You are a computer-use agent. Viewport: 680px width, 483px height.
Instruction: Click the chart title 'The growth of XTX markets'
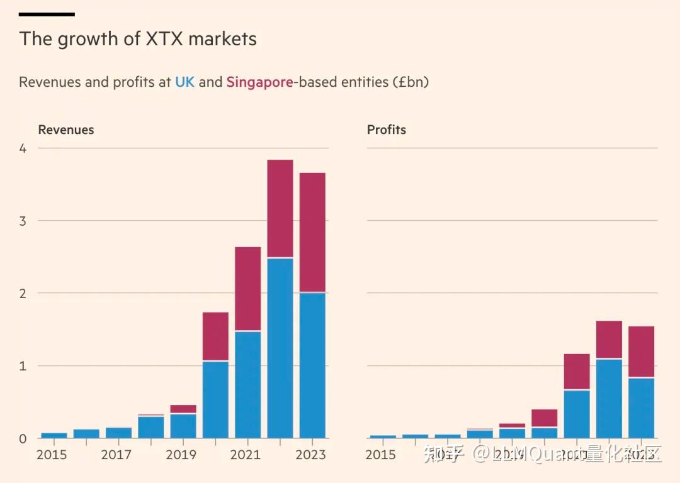point(138,39)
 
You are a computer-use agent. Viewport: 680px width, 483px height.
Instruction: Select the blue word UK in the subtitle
point(184,82)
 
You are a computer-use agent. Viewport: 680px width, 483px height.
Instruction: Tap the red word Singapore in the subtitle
point(259,82)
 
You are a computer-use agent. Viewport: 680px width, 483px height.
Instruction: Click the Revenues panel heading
point(66,130)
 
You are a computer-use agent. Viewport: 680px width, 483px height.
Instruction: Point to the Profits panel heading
point(387,130)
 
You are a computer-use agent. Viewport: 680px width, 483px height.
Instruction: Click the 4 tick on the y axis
point(23,148)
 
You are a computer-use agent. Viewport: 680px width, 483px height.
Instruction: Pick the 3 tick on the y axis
point(23,221)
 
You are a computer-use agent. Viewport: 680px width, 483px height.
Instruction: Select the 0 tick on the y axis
point(23,438)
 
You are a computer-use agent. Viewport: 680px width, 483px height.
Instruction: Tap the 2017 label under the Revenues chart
point(116,454)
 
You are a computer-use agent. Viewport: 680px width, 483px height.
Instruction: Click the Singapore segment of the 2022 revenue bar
point(280,208)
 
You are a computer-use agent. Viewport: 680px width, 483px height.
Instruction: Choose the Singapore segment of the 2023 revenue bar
point(312,232)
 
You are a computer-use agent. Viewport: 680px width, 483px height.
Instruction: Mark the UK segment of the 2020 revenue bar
point(215,399)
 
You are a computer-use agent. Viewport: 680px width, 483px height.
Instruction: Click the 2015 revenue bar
point(54,435)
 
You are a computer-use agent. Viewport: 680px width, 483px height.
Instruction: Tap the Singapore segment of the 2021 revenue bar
point(248,288)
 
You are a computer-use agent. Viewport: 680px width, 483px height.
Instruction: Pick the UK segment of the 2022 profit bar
point(609,398)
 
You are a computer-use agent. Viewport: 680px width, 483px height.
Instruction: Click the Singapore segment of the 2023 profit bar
point(642,352)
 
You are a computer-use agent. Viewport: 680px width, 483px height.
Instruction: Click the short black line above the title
point(47,14)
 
